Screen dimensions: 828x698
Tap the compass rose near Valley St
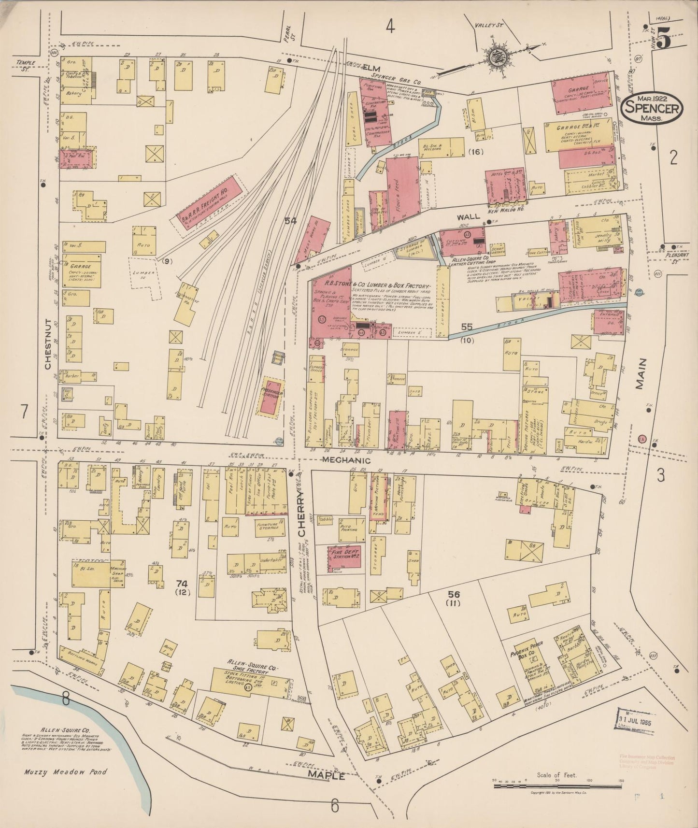pos(496,57)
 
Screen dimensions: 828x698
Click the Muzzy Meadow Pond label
pos(66,771)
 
